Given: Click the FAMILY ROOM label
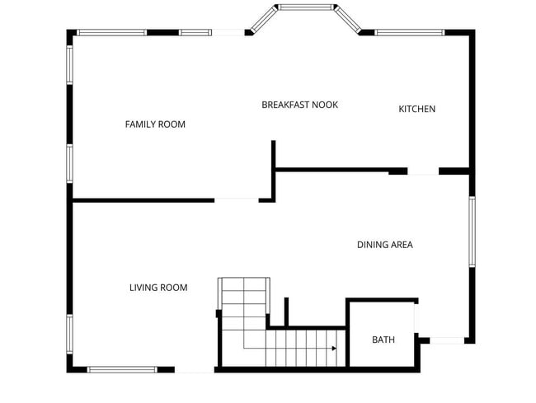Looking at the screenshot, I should [155, 124].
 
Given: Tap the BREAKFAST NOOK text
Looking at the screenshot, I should [299, 105].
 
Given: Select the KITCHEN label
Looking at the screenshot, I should [416, 109].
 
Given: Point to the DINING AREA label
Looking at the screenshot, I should [384, 245].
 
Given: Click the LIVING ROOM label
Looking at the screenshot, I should [158, 288].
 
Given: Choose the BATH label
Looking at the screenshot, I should [383, 340].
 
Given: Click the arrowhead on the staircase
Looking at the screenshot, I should [334, 349].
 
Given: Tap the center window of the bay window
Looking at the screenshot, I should [305, 7].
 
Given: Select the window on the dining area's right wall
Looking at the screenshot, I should [472, 231].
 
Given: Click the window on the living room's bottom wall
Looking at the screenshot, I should [122, 369].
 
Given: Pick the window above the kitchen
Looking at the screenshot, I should [410, 33].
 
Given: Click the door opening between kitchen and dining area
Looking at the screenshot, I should [423, 171].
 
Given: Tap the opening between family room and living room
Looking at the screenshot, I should [237, 199].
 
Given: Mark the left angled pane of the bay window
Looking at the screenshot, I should [263, 21].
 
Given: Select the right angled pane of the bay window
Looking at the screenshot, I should [347, 21].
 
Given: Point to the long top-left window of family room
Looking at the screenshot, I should [111, 33].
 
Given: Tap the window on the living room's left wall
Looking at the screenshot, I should [70, 334].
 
